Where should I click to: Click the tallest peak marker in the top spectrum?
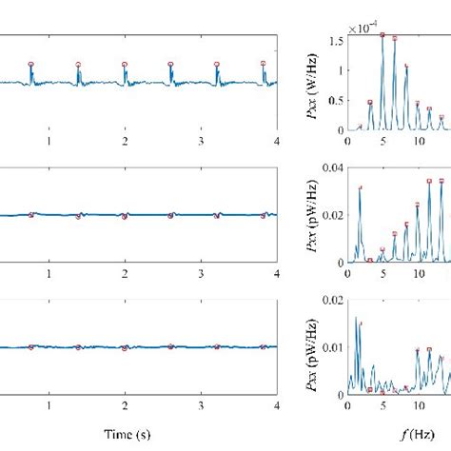(x=382, y=35)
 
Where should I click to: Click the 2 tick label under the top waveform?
(x=124, y=141)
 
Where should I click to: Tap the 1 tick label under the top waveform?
(x=49, y=141)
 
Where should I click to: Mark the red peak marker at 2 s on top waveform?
(x=124, y=64)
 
